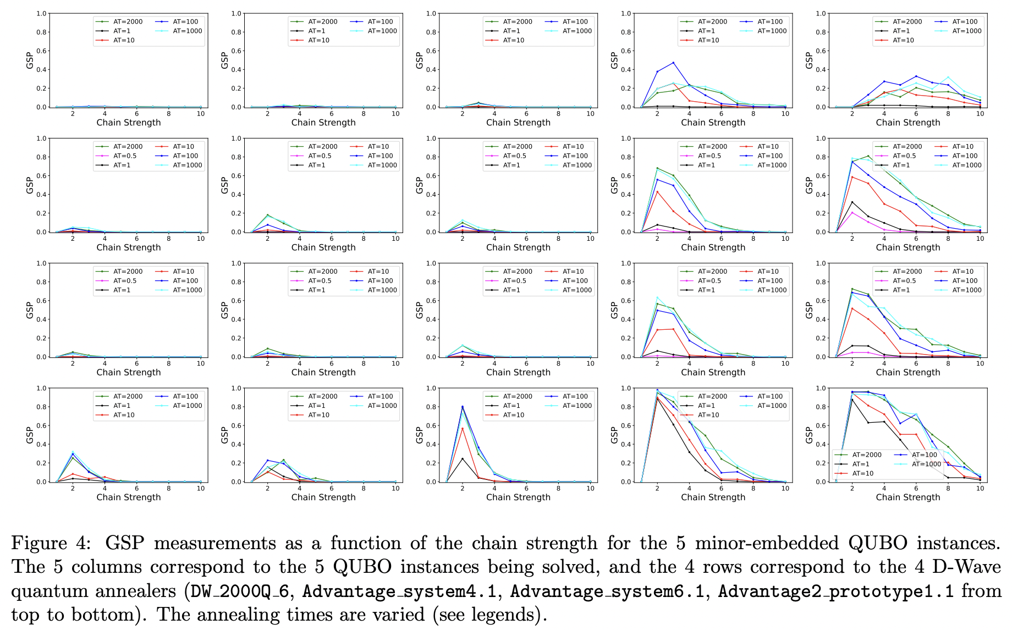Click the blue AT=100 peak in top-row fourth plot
[x=673, y=63]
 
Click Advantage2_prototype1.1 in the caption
[x=835, y=591]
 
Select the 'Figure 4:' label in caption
[x=51, y=543]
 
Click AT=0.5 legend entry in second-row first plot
[x=125, y=156]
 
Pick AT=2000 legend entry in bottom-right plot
[x=866, y=455]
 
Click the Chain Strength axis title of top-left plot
[x=129, y=123]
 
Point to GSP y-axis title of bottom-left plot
[x=30, y=435]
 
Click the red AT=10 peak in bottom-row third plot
[x=463, y=428]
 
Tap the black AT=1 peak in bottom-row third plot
[x=463, y=458]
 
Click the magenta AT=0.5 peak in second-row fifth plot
[x=852, y=212]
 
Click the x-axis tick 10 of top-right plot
[x=980, y=114]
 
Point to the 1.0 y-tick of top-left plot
[x=41, y=14]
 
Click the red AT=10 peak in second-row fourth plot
[x=657, y=192]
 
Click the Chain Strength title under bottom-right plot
[x=908, y=497]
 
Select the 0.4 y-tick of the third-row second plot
[x=236, y=319]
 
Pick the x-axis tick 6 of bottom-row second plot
[x=332, y=488]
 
